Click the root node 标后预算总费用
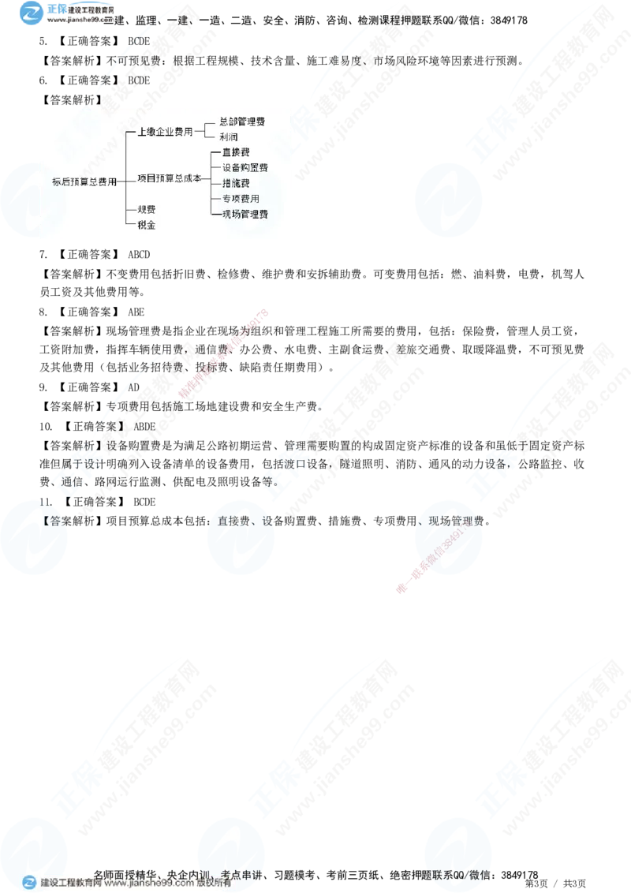(84, 181)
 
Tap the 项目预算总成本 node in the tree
(169, 179)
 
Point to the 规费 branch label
(146, 209)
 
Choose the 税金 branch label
(146, 225)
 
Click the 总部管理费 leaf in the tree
(242, 122)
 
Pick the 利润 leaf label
(229, 137)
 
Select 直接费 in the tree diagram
(236, 151)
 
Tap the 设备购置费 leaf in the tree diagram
(245, 167)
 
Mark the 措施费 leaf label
(236, 183)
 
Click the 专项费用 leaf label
(241, 199)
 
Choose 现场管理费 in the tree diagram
(245, 214)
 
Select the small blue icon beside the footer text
(29, 883)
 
